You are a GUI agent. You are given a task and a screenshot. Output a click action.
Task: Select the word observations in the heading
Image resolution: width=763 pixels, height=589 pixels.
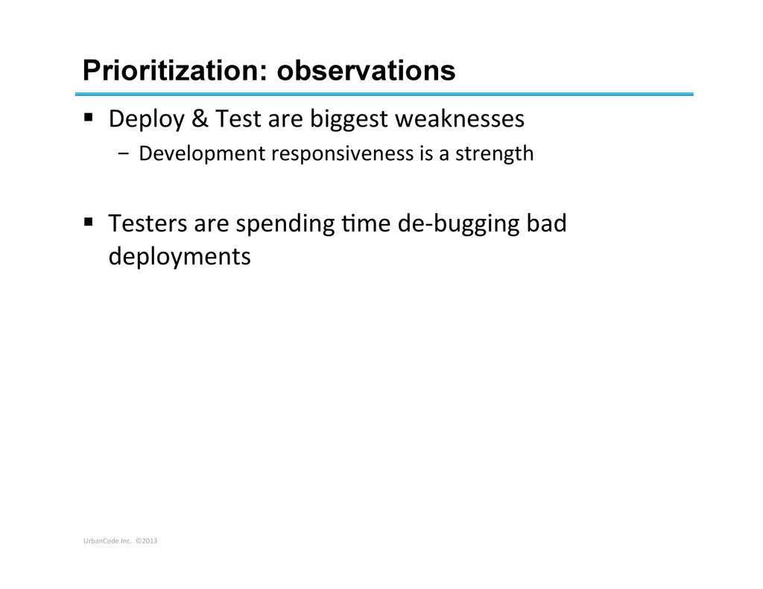(366, 71)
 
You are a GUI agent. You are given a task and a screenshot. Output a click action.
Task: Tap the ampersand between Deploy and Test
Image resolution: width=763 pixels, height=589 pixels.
(200, 118)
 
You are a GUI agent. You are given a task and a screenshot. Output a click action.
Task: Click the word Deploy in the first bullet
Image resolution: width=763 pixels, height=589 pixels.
(147, 120)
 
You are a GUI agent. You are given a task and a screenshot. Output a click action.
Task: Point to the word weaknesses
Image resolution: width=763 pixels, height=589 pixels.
(459, 118)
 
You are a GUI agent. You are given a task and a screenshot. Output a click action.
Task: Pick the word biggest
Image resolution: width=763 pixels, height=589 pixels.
(349, 120)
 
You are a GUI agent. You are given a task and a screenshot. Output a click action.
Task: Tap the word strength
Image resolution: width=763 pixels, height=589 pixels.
(495, 154)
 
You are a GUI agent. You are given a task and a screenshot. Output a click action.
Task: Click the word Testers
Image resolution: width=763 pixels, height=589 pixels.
(148, 223)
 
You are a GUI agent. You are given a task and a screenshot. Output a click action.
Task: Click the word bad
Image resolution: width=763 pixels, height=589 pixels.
(546, 223)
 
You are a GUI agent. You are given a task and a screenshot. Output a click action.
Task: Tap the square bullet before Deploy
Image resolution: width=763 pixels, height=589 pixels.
(88, 117)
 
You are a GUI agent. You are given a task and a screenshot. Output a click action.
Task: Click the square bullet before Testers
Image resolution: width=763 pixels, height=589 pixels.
(88, 222)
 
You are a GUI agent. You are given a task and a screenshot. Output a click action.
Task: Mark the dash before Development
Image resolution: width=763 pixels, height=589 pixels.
(124, 154)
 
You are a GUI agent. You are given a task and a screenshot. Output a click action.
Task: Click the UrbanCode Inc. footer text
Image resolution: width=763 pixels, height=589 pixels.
(107, 541)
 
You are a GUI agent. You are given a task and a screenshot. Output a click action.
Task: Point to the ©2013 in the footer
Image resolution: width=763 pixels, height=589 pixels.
(147, 541)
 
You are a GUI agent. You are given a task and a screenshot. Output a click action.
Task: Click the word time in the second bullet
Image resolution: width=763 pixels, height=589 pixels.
(366, 223)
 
